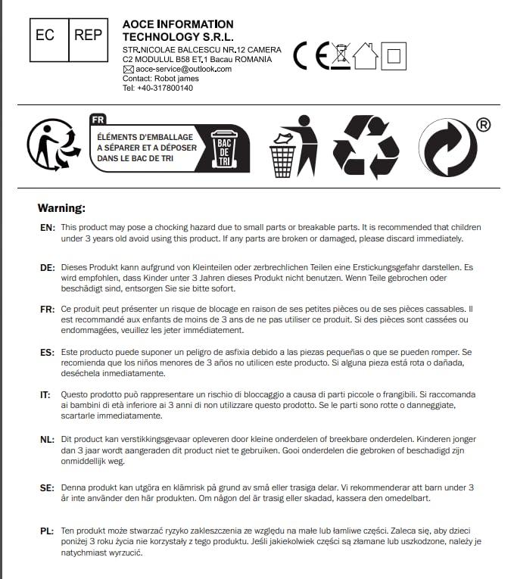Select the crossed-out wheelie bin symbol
point(342,55)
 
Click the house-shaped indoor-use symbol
point(366,55)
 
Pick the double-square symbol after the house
point(394,55)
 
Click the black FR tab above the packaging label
point(98,119)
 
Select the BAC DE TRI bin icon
point(223,148)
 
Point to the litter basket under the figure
point(282,159)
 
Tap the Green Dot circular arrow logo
point(446,148)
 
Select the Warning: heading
point(62,207)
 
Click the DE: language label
point(47,268)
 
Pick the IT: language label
point(45,395)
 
